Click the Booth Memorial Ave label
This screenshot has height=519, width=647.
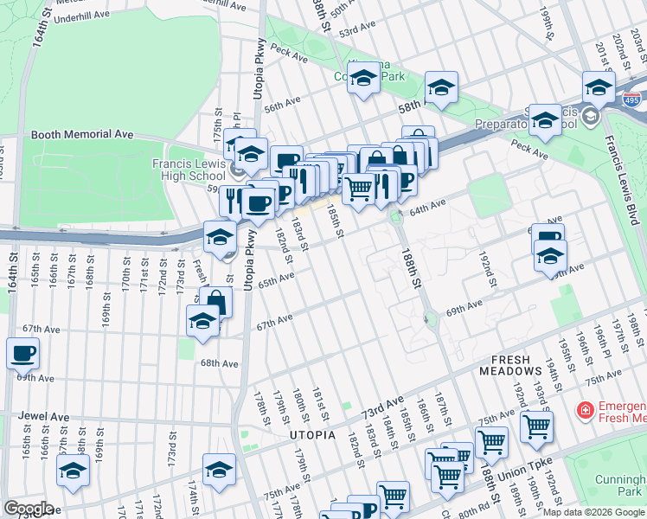coord(82,135)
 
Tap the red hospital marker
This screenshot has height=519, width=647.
coord(586,408)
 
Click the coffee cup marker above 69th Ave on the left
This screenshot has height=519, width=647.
coord(22,352)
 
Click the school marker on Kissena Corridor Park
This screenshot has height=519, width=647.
coord(364,78)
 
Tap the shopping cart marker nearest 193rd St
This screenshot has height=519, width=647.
coord(536,425)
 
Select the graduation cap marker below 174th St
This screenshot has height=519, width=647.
coord(219,470)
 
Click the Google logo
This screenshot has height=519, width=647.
coord(28,509)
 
